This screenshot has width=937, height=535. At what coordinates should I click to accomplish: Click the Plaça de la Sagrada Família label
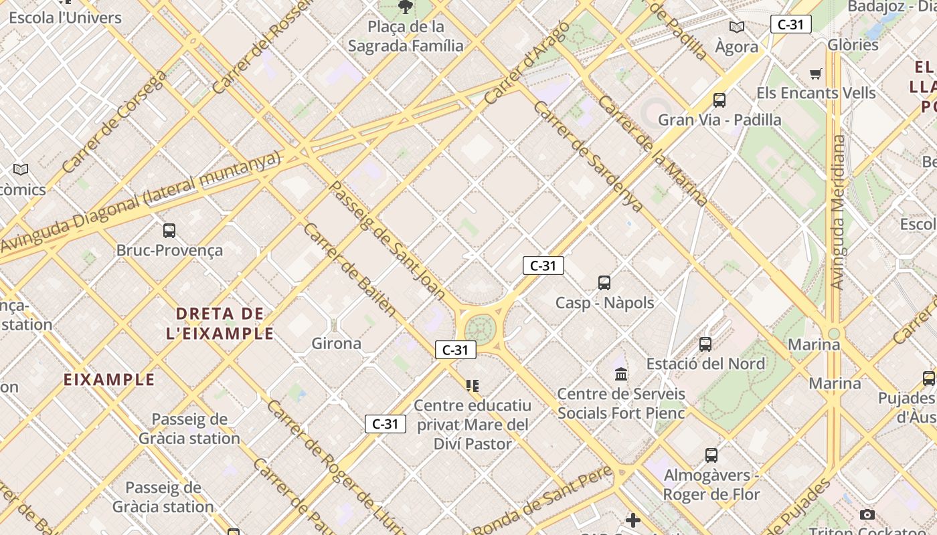[406, 36]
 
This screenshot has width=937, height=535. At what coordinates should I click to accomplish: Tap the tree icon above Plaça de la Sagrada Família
[405, 7]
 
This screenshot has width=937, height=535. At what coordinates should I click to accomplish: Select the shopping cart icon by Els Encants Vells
[815, 74]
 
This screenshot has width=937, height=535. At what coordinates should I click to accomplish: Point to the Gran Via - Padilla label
[719, 120]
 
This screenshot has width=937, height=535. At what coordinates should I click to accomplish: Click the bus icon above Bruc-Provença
[169, 231]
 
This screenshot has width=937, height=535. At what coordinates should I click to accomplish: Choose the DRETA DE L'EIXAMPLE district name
[220, 323]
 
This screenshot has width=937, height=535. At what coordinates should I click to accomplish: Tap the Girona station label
[336, 344]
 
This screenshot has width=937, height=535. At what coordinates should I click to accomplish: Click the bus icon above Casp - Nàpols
[604, 283]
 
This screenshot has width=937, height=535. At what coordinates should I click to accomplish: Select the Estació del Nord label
[705, 364]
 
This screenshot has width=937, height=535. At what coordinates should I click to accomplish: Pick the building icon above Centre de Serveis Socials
[621, 374]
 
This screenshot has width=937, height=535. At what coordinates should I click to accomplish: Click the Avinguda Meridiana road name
[837, 212]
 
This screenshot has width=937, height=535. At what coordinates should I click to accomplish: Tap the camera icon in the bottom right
[867, 514]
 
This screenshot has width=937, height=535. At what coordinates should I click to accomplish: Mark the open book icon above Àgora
[736, 27]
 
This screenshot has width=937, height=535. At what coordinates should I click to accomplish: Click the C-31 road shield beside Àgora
[790, 25]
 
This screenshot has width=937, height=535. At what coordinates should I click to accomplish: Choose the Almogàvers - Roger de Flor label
[711, 485]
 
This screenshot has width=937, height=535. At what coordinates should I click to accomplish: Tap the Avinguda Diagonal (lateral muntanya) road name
[141, 201]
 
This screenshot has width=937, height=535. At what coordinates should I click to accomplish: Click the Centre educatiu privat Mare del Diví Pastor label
[473, 424]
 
